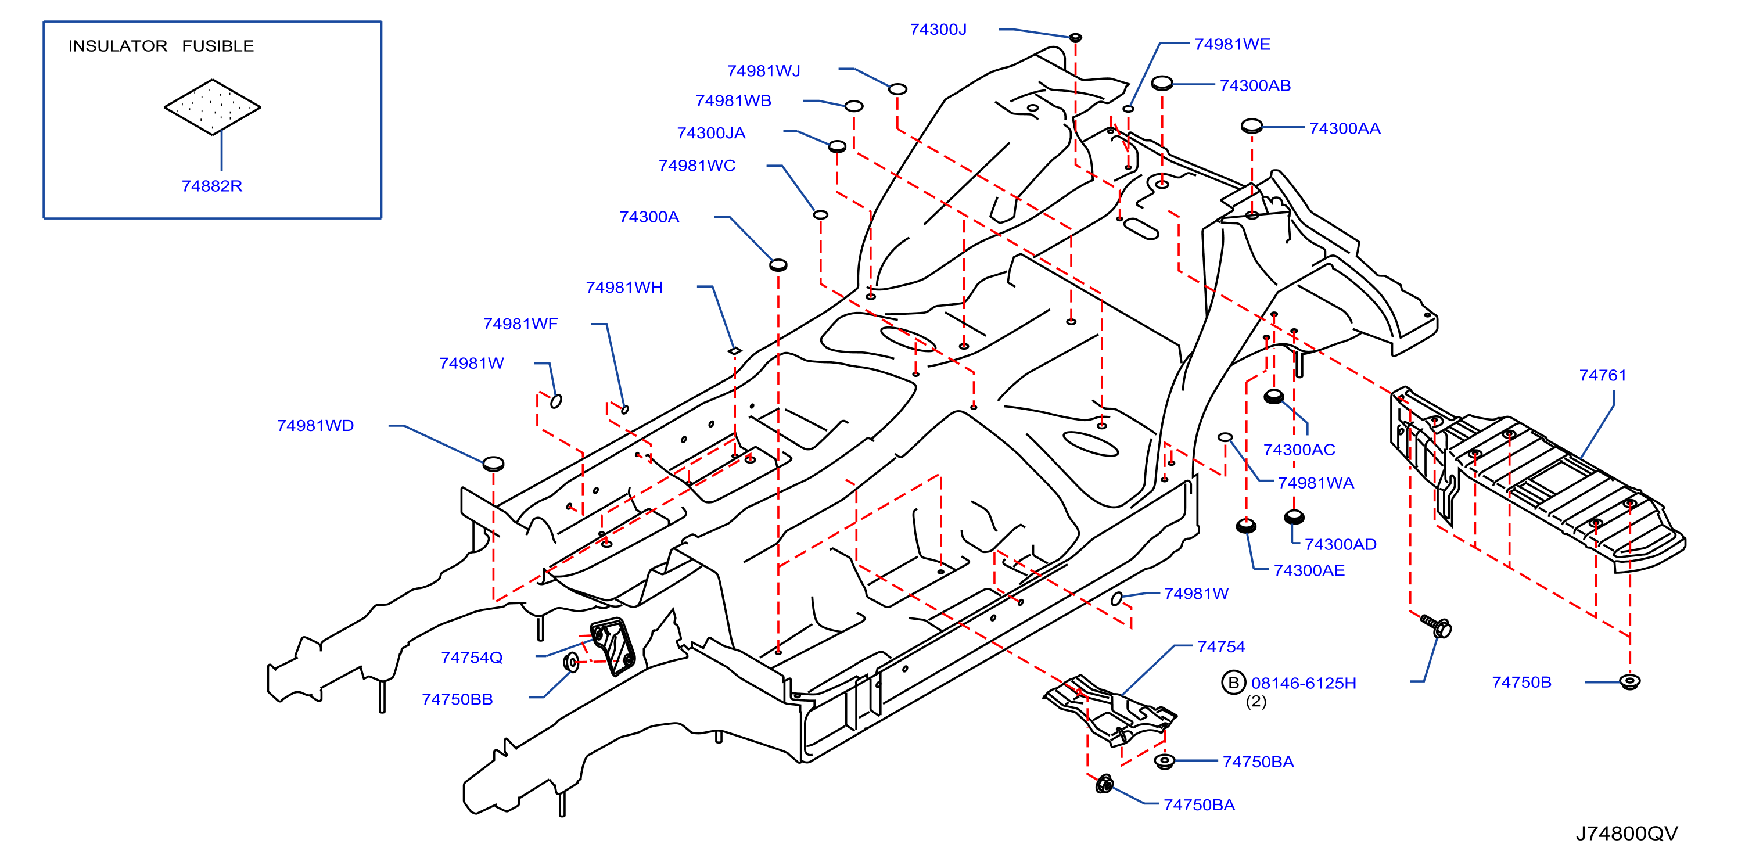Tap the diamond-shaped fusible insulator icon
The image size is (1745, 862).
point(212,107)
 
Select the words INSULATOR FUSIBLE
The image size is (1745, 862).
point(161,46)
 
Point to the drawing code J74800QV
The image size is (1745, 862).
point(1626,834)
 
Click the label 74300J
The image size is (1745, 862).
point(938,29)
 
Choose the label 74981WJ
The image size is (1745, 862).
point(763,70)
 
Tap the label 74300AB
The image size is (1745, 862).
point(1255,85)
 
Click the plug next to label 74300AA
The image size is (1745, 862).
point(1251,126)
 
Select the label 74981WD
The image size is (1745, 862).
point(315,425)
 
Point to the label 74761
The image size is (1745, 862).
point(1602,375)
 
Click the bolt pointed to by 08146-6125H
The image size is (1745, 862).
point(1435,626)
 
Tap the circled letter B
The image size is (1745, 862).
point(1233,683)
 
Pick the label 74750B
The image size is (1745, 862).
point(1521,682)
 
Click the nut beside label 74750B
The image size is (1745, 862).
point(1629,681)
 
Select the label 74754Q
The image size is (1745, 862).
point(472,658)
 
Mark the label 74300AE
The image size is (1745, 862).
point(1309,570)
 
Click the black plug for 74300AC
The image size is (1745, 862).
point(1273,396)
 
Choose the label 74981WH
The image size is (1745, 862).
point(624,287)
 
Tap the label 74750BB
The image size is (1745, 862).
point(457,699)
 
